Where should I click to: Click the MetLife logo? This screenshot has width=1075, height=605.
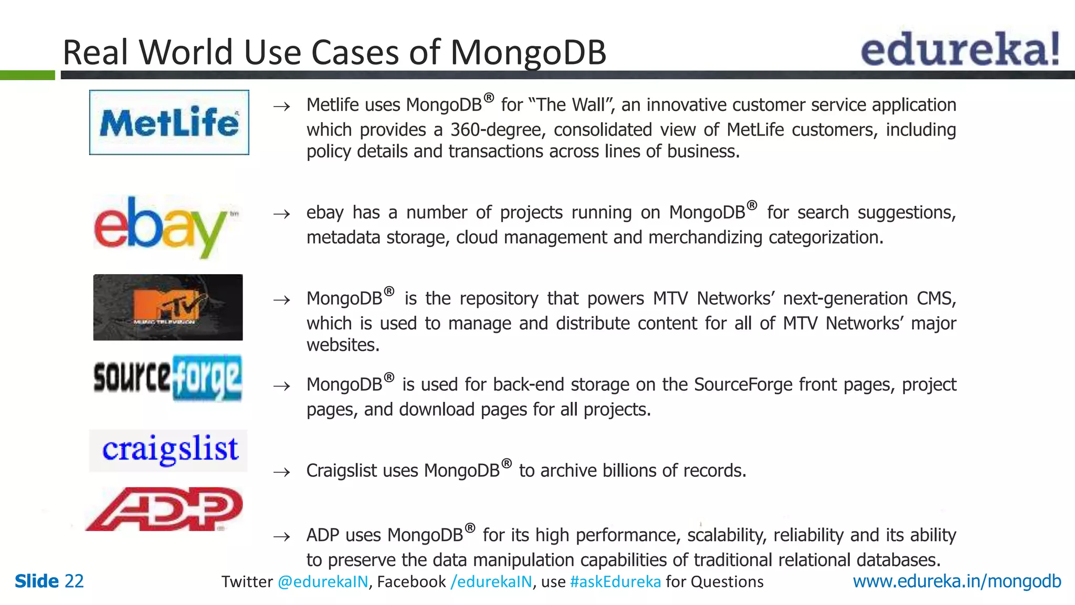click(x=169, y=122)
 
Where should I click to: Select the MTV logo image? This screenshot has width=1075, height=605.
click(x=168, y=307)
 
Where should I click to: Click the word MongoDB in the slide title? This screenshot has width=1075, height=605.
click(x=528, y=53)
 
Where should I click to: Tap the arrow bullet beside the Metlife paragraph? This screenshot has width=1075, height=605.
click(x=282, y=107)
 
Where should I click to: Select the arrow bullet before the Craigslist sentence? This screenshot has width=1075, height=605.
click(x=282, y=472)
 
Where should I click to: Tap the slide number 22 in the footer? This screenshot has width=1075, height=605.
click(x=74, y=581)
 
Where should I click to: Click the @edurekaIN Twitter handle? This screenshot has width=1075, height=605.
click(x=323, y=582)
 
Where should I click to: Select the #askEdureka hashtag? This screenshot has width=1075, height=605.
click(x=615, y=582)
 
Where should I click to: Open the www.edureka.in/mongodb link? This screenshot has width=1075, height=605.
click(x=956, y=581)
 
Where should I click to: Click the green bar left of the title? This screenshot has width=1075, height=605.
click(x=27, y=75)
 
